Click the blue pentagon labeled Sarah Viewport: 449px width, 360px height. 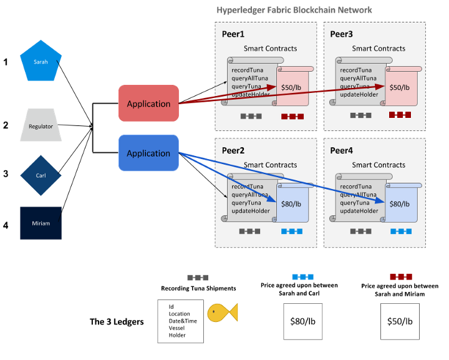click(x=41, y=62)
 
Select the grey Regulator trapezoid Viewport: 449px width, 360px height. click(x=41, y=126)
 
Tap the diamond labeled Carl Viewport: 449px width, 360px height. click(x=41, y=175)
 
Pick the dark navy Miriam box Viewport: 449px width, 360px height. click(x=41, y=223)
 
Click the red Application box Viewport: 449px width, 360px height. click(x=148, y=104)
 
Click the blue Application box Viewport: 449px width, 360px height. click(x=148, y=153)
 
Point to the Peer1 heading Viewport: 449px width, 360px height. click(x=234, y=34)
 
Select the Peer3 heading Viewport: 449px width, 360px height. click(x=341, y=34)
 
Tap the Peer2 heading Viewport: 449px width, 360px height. click(x=234, y=150)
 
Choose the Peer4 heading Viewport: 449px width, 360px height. click(x=341, y=150)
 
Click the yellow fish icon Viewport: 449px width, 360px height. click(x=222, y=313)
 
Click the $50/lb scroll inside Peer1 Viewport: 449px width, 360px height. click(x=292, y=87)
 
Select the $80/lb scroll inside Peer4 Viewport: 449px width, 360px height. click(x=400, y=204)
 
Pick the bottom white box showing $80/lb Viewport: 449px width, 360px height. click(x=302, y=321)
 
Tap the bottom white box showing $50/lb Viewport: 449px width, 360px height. click(x=400, y=321)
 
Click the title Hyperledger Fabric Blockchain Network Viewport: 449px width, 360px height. click(x=294, y=10)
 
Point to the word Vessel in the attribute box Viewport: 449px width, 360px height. click(x=176, y=328)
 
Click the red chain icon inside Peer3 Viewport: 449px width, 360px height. click(x=400, y=115)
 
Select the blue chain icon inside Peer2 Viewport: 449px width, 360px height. click(x=292, y=231)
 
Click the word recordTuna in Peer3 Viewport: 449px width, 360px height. click(x=355, y=70)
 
